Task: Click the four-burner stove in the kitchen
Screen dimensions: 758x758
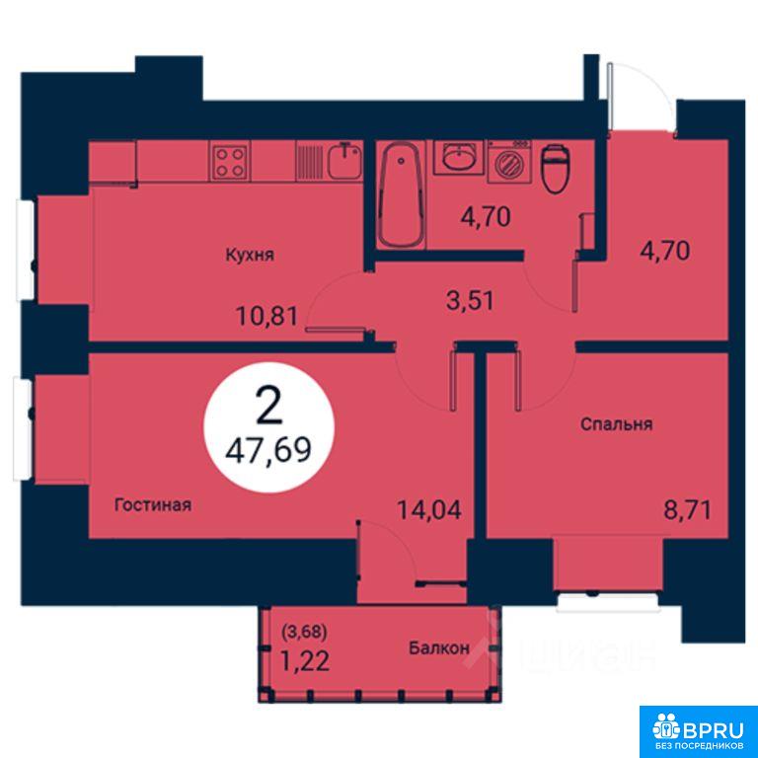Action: point(230,161)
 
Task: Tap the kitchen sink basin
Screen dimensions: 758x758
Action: point(345,161)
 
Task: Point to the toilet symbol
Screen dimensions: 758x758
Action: point(555,168)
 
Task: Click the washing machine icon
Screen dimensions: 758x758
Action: point(509,162)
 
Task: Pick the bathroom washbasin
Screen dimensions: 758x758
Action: point(458,157)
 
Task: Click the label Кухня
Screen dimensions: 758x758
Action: point(250,255)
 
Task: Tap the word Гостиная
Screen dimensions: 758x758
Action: point(153,505)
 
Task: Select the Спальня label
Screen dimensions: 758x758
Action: point(616,424)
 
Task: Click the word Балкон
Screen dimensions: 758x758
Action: point(439,647)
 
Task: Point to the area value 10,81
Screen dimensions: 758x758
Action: point(266,317)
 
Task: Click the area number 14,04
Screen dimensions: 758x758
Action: point(429,509)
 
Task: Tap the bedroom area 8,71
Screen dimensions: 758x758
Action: point(687,509)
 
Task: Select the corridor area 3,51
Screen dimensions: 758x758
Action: point(470,300)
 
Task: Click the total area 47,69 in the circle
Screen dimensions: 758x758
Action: point(268,450)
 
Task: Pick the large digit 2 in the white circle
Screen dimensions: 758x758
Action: point(268,407)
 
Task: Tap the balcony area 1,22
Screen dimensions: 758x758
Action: point(305,661)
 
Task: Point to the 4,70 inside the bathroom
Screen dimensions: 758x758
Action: point(486,216)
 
